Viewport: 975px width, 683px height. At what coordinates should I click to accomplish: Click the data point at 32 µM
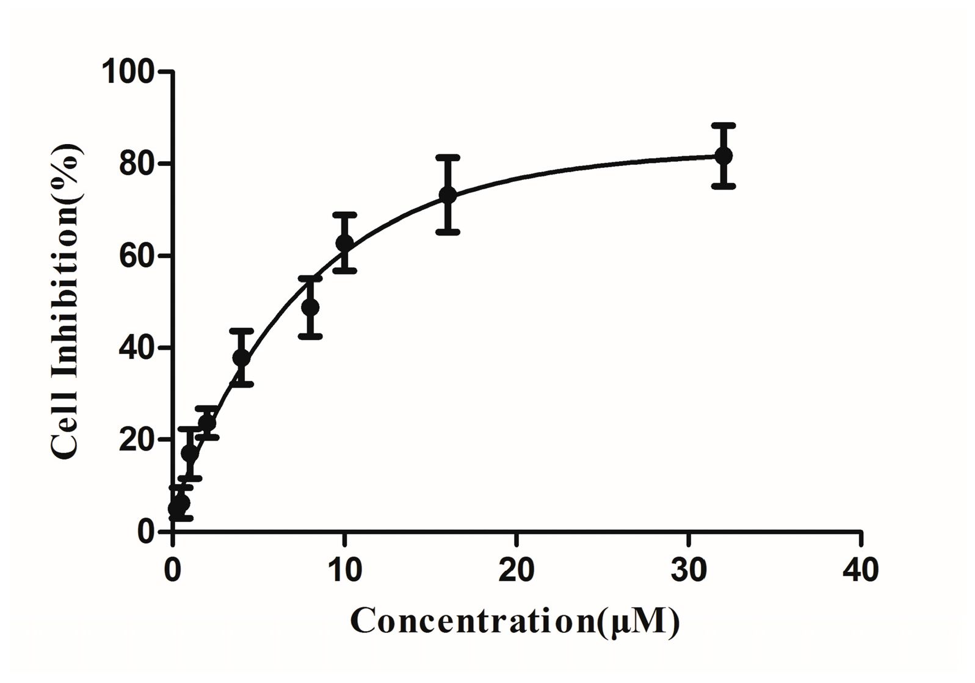[x=723, y=156]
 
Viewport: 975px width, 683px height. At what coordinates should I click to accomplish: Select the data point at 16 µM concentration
[x=448, y=195]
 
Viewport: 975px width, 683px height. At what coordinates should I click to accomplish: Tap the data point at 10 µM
[x=345, y=243]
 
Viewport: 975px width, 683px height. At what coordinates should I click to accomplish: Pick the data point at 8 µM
[x=310, y=307]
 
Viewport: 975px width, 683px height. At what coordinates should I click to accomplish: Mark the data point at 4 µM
[x=242, y=358]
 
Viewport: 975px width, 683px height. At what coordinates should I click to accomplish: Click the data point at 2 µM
[x=207, y=422]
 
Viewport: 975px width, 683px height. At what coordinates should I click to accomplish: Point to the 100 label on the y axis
[x=128, y=72]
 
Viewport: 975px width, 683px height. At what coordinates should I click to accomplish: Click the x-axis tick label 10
[x=344, y=570]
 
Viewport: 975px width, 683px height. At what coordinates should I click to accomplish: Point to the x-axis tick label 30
[x=689, y=570]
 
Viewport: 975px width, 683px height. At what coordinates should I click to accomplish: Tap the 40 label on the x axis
[x=860, y=570]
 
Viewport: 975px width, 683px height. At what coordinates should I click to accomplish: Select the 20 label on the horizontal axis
[x=516, y=570]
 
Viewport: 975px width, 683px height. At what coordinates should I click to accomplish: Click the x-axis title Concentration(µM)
[x=515, y=621]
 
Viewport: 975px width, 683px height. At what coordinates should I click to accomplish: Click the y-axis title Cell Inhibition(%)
[x=66, y=302]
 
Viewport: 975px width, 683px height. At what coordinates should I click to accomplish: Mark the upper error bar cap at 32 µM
[x=723, y=125]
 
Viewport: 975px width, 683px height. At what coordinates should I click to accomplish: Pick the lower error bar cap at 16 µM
[x=448, y=232]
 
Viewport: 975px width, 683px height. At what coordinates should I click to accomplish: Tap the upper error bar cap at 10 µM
[x=345, y=214]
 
